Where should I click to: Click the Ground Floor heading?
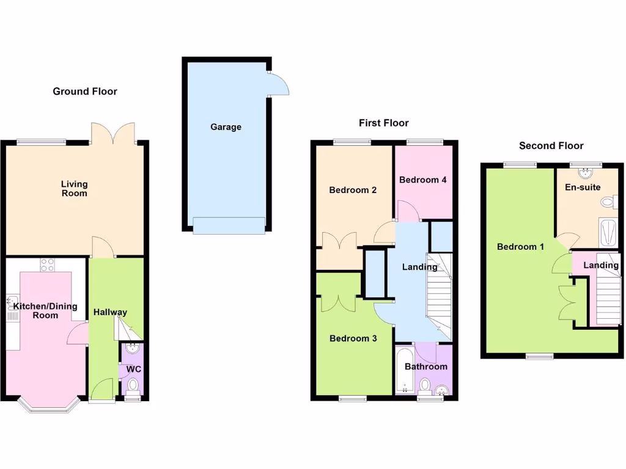[x=85, y=92]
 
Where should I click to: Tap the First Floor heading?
[x=383, y=123]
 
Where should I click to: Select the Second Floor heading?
[x=551, y=146]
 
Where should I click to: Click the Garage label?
[x=226, y=127]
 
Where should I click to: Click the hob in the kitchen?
[x=48, y=265]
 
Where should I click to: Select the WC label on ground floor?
[x=133, y=369]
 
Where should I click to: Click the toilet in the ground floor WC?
[x=133, y=384]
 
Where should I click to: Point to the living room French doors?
[x=112, y=133]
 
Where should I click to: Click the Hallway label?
[x=110, y=312]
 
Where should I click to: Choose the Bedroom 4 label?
[x=422, y=180]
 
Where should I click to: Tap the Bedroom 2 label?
[x=353, y=190]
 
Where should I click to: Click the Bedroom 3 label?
[x=353, y=338]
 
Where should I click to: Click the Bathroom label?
[x=426, y=366]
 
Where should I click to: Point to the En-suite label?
[x=582, y=187]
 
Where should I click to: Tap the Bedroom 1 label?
[x=520, y=247]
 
